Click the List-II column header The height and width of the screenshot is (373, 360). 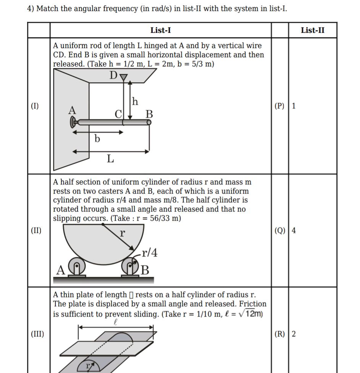click(313, 31)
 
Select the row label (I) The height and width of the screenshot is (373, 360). click(35, 106)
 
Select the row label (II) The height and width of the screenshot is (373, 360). click(36, 230)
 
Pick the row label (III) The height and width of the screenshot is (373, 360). click(37, 334)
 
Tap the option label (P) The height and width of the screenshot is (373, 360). click(279, 106)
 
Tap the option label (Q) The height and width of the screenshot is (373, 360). click(279, 230)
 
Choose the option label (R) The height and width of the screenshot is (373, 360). click(279, 334)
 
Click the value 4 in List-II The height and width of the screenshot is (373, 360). click(294, 230)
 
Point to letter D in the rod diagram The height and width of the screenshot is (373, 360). click(113, 76)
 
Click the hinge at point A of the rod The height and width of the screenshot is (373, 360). click(73, 123)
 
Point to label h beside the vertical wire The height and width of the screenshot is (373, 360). click(135, 102)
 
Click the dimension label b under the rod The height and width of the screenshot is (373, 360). click(97, 139)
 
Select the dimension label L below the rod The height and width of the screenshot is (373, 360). click(110, 158)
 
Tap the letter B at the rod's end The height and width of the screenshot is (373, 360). click(149, 114)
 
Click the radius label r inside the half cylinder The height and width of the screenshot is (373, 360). click(122, 233)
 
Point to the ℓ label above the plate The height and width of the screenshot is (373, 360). click(116, 323)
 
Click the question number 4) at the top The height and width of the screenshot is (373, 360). click(31, 8)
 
